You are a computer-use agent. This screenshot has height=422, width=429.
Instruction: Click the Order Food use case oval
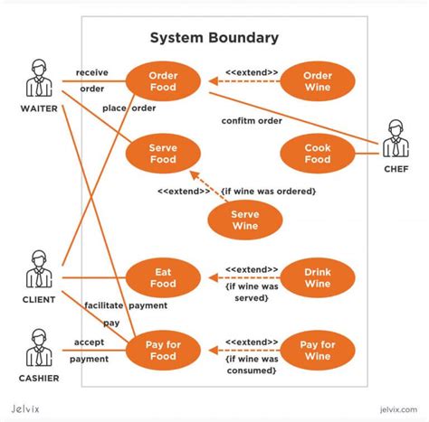coord(162,81)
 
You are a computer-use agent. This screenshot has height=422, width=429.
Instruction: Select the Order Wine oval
coord(317,81)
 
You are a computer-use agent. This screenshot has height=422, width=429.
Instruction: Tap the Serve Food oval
coord(162,154)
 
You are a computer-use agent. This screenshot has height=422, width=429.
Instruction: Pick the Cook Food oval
coord(317,154)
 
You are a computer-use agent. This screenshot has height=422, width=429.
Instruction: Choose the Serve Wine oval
coord(245,220)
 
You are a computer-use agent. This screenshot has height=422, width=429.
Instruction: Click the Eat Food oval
coord(162,277)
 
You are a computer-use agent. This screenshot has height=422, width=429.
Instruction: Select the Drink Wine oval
coord(317,277)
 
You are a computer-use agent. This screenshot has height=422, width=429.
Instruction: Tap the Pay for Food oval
coord(162,351)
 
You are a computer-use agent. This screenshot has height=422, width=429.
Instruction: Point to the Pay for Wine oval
coord(317,351)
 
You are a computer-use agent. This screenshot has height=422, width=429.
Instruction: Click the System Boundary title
coord(214,38)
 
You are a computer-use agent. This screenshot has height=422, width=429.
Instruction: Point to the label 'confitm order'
coord(252,121)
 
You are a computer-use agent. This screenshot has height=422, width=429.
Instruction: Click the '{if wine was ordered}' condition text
coord(268,191)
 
